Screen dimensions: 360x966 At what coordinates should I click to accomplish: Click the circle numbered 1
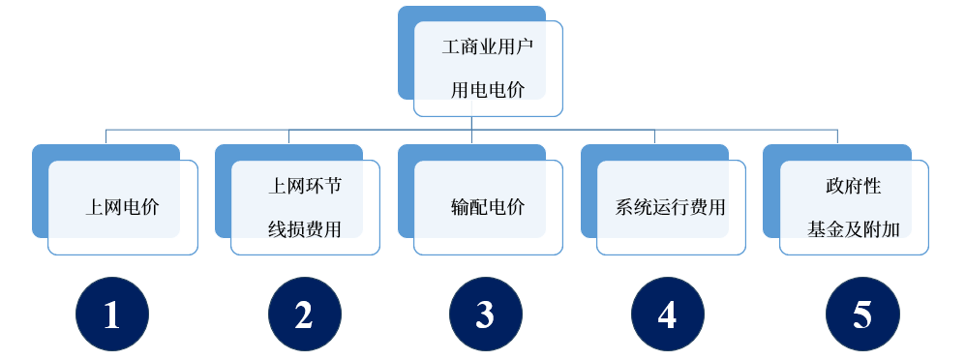[112, 315]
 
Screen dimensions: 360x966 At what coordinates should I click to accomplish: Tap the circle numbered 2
[304, 315]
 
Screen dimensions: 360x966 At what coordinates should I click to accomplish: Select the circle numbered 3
[485, 315]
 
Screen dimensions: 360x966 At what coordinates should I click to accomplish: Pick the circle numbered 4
[667, 315]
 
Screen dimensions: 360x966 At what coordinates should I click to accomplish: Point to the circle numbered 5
[861, 315]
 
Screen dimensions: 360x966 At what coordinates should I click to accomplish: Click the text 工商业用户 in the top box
[488, 46]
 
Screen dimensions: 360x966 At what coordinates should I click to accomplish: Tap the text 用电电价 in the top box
[488, 91]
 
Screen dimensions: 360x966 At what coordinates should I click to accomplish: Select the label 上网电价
[123, 207]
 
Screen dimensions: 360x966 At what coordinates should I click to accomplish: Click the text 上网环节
[304, 185]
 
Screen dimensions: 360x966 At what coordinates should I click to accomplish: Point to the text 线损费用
[304, 229]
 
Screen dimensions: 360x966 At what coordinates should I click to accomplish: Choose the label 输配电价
[488, 207]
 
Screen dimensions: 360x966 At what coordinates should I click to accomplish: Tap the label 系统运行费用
[671, 207]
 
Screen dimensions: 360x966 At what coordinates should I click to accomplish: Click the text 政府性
[853, 185]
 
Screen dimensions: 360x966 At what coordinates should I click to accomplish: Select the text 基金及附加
[854, 229]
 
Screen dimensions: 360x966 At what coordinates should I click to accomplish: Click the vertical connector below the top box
[471, 122]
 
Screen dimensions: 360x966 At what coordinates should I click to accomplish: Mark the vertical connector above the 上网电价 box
[106, 136]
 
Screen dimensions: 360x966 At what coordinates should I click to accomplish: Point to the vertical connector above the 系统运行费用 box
[654, 136]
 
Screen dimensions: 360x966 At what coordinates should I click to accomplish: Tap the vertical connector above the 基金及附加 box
[837, 136]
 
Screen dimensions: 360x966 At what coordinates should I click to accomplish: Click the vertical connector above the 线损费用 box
[288, 136]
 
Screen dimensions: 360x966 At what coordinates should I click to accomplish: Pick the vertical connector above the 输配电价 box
[471, 136]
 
